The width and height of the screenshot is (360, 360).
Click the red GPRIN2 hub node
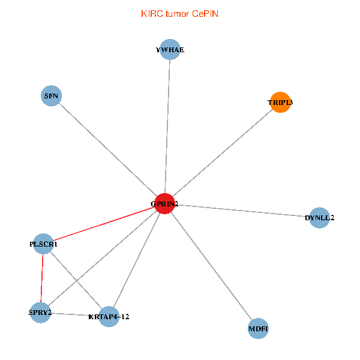(164, 204)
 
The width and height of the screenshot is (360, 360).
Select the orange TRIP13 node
(280, 103)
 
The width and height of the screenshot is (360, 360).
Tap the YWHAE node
(170, 50)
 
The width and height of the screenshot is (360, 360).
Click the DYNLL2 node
(319, 217)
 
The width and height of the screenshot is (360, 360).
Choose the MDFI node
(258, 328)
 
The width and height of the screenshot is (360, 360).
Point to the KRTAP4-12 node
(109, 316)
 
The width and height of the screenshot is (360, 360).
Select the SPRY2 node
(40, 313)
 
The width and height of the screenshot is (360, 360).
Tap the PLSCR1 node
(43, 244)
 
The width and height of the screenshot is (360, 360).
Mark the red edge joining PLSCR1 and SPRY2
(41, 278)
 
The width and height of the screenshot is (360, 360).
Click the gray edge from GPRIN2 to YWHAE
(167, 127)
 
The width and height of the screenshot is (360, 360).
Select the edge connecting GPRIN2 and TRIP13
(222, 154)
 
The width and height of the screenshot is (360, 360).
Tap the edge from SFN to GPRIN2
(108, 149)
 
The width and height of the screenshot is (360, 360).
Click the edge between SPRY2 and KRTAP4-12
(74, 314)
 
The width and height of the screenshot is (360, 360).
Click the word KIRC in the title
(151, 13)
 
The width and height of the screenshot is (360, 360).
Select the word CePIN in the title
(205, 13)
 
